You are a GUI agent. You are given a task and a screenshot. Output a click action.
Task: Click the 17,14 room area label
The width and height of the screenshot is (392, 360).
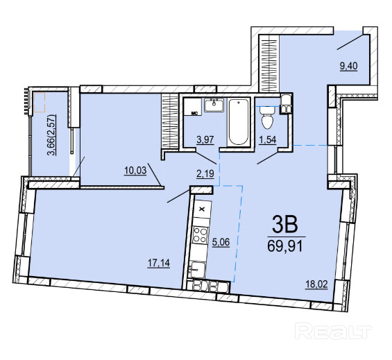click(x=159, y=263)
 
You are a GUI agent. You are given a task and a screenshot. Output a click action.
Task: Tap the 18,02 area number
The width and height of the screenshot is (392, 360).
click(x=316, y=284)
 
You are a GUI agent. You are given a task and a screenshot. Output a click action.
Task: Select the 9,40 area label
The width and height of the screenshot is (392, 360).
click(x=348, y=67)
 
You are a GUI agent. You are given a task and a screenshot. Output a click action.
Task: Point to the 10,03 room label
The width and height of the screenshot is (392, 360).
click(x=135, y=171)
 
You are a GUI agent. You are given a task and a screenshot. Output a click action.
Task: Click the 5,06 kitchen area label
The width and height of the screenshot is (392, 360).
click(x=221, y=242)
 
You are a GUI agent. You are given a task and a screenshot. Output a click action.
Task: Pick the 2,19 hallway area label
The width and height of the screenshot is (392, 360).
click(x=205, y=173)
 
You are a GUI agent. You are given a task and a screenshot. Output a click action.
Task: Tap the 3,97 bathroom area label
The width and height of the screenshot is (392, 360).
click(x=205, y=139)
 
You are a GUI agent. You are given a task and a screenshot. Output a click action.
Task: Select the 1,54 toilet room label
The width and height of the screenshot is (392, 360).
click(x=268, y=139)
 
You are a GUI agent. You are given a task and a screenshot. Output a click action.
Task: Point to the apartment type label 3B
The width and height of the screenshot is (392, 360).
click(x=285, y=224)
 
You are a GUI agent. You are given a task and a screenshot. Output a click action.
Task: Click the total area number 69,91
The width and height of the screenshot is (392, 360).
click(x=285, y=246)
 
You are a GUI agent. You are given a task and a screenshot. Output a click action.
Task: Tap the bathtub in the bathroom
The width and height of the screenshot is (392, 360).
click(x=239, y=122)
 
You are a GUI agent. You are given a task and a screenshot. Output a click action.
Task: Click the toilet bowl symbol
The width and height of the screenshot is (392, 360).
click(x=268, y=117)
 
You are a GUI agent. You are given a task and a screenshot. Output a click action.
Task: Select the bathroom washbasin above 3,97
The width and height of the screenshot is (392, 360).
click(x=214, y=105)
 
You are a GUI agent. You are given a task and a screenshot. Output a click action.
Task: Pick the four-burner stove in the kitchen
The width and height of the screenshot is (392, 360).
click(x=201, y=235)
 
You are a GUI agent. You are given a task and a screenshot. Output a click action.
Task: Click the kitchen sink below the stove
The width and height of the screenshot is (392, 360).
click(x=198, y=270)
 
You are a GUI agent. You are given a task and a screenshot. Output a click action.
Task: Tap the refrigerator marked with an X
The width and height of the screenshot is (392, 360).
click(x=203, y=209)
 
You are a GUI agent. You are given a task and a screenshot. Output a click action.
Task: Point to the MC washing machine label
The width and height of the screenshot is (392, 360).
click(x=194, y=113)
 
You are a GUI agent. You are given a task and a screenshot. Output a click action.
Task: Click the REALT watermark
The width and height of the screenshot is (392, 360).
click(x=333, y=331)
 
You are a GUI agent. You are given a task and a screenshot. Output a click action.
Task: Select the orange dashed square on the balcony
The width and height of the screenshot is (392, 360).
click(x=40, y=102)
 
